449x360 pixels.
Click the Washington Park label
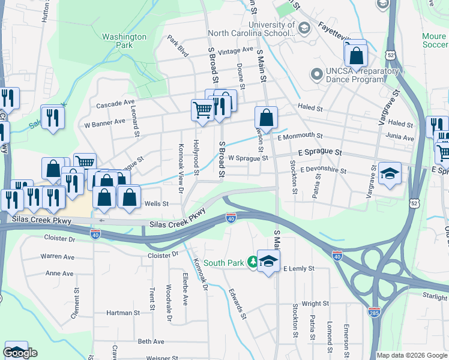[124, 41]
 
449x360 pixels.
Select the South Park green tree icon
[253, 262]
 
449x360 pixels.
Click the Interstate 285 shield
[373, 311]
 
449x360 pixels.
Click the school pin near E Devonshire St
[390, 174]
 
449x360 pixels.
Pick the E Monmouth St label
[300, 136]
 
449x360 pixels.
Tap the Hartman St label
[122, 313]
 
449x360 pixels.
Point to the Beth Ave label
[151, 341]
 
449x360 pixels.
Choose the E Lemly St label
[298, 268]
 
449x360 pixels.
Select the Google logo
[20, 353]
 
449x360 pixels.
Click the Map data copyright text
[412, 355]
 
